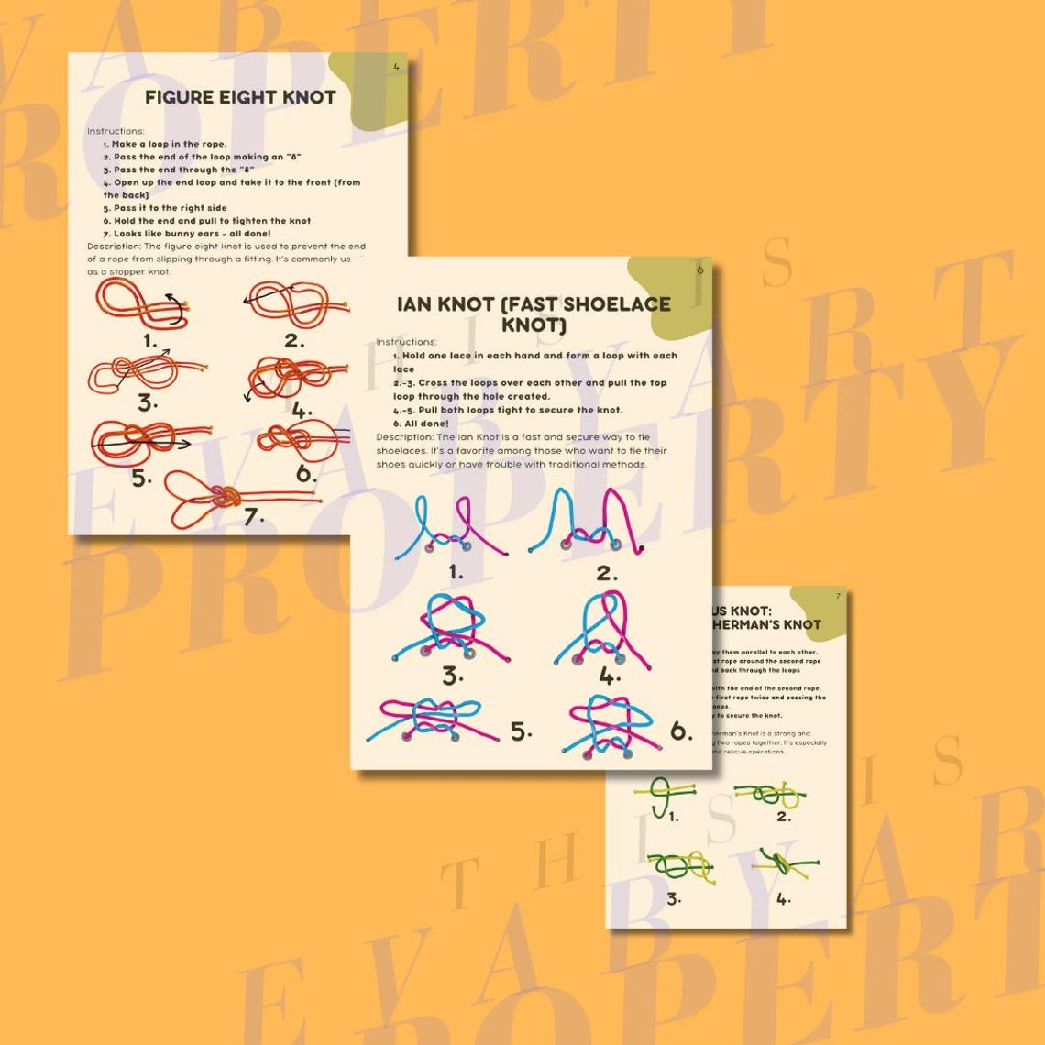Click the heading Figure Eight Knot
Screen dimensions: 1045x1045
click(x=240, y=97)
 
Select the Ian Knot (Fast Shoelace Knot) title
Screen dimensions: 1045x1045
click(x=533, y=313)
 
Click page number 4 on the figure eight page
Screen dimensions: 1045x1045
click(x=396, y=66)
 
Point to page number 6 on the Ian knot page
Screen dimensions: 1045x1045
click(x=700, y=269)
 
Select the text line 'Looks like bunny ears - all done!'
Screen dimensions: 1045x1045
click(x=187, y=233)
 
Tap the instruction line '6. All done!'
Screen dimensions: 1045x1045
click(x=422, y=423)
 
